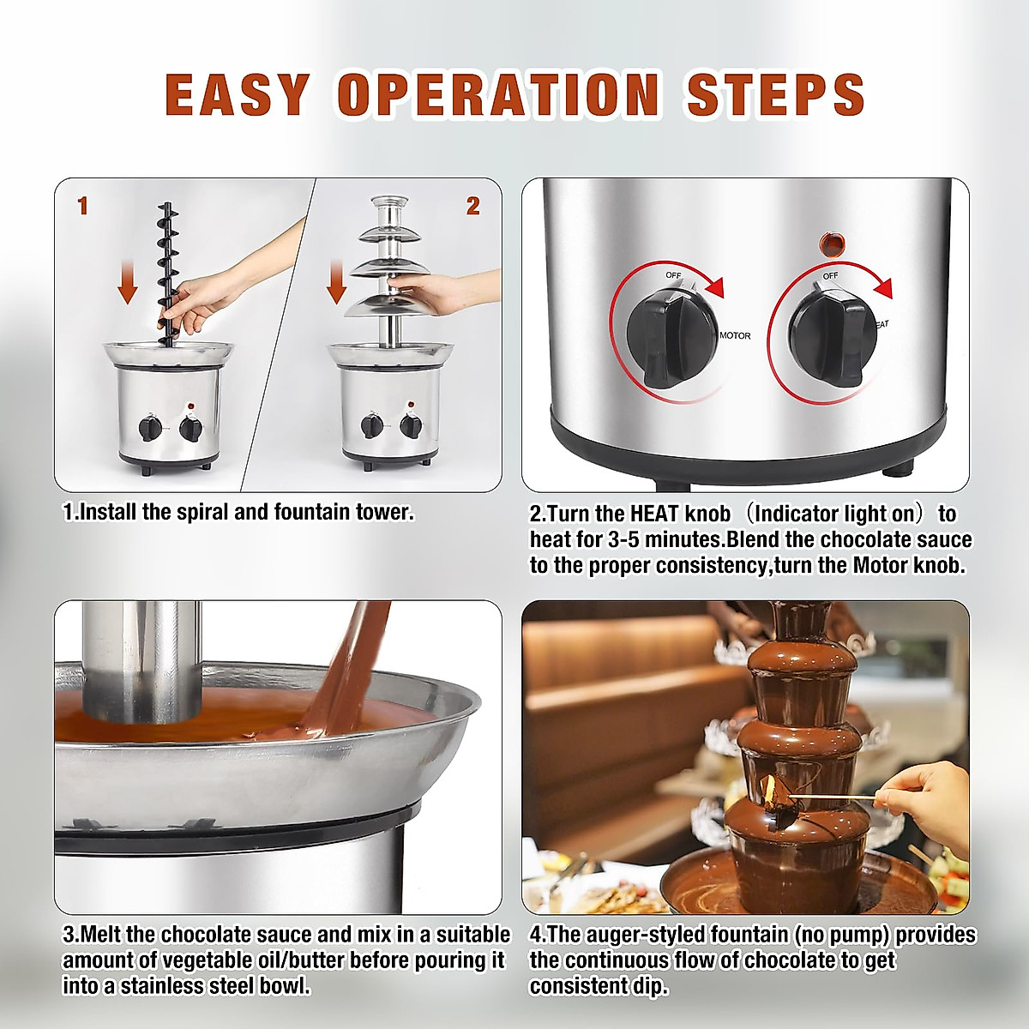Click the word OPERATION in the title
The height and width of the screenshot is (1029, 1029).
(497, 94)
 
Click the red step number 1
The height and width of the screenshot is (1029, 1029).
(82, 206)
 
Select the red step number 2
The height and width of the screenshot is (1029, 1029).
(472, 206)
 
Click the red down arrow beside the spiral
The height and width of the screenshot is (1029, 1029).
(128, 280)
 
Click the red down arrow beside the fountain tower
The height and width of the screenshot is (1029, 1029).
(336, 281)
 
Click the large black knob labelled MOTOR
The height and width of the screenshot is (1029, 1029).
(671, 339)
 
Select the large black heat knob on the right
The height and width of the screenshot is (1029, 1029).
(833, 339)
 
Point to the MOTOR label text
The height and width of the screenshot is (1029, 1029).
(735, 336)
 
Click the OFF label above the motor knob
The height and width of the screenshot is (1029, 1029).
(673, 275)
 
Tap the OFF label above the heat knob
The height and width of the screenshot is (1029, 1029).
(830, 275)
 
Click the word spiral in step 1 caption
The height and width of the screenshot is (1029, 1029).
(202, 512)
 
